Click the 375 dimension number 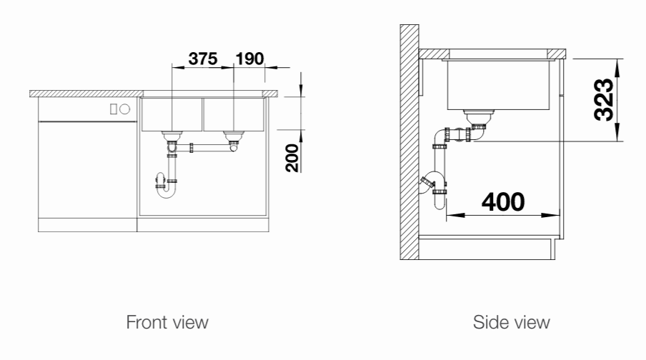203,59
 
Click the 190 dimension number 249,59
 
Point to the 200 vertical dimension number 292,158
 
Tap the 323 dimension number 604,100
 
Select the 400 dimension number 503,202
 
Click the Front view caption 167,322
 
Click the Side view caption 511,322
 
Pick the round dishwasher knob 125,109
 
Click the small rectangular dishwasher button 114,109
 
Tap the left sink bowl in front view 172,114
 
